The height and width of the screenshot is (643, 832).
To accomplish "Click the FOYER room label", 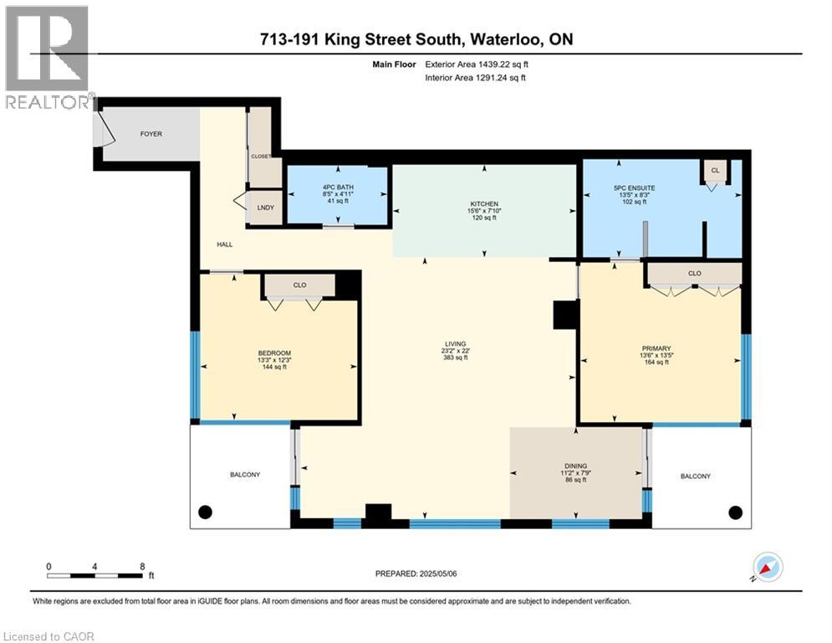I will click(x=151, y=134).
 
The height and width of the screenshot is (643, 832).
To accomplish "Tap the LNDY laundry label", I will click(x=266, y=208).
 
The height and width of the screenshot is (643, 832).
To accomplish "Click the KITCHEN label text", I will click(x=483, y=204).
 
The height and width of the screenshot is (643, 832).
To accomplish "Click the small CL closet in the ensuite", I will click(x=715, y=170).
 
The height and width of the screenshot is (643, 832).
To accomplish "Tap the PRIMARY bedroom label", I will click(x=656, y=348).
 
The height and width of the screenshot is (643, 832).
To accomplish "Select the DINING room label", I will click(x=575, y=466).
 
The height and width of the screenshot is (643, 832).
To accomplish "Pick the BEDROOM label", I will click(x=274, y=352).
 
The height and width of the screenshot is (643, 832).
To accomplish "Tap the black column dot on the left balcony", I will click(x=205, y=512).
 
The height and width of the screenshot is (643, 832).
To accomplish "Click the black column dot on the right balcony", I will click(x=735, y=512).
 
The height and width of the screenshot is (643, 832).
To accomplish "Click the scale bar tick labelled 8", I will click(x=141, y=566).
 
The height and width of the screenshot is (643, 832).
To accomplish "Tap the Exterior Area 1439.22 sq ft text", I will click(x=474, y=63).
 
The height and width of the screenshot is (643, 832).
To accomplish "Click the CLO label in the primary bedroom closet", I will click(x=695, y=274).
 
